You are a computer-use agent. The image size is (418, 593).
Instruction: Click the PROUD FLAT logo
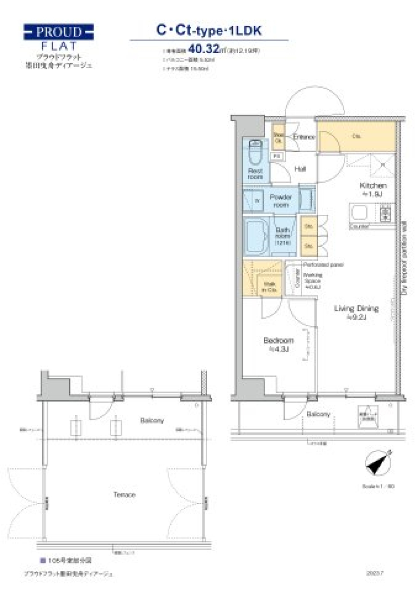[x=58, y=37]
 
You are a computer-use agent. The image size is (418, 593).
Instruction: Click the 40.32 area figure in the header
[x=203, y=49]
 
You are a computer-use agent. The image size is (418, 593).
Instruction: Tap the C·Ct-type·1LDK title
[x=209, y=30]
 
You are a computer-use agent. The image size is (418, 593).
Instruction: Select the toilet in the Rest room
[x=255, y=153]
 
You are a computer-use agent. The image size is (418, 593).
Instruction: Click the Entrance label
[x=303, y=137]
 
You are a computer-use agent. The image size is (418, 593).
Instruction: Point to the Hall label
[x=300, y=169]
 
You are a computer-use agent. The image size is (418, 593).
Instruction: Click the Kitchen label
[x=373, y=185]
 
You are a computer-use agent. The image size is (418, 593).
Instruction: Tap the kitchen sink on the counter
[x=360, y=214]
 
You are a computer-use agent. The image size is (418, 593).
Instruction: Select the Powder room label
[x=281, y=201]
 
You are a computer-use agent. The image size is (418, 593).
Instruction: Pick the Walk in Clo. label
[x=269, y=286]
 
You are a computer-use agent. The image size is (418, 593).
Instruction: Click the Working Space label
[x=312, y=281]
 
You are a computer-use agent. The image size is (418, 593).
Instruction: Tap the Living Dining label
[x=356, y=312]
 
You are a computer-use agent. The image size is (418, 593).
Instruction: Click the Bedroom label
[x=278, y=344]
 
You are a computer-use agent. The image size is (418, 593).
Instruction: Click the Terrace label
[x=125, y=494]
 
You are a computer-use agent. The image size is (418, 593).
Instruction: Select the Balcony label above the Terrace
[x=152, y=420]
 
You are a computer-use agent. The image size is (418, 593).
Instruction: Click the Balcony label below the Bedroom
[x=318, y=414]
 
